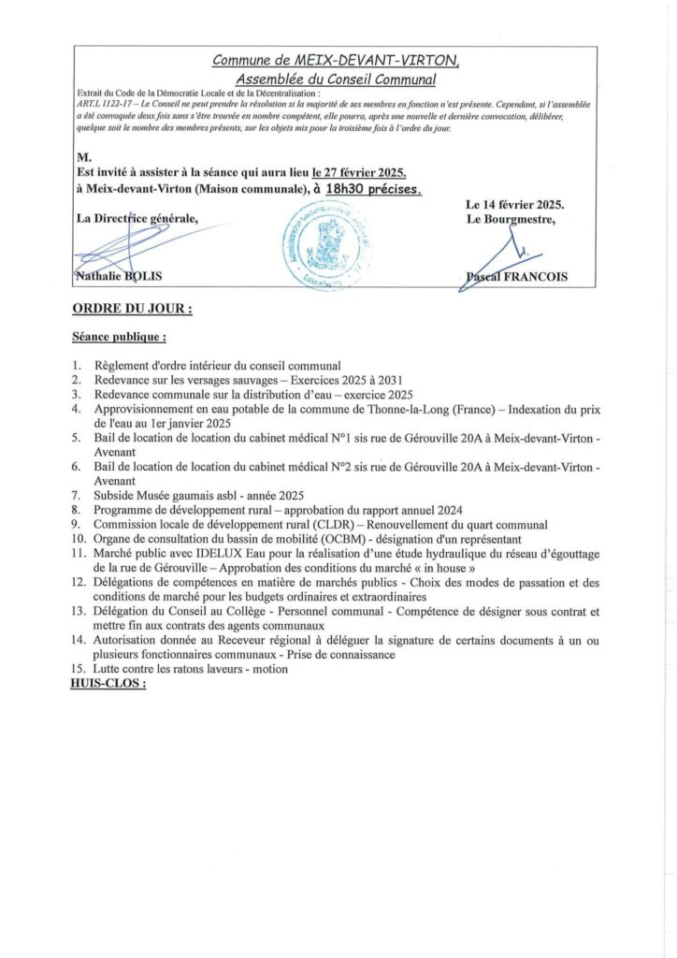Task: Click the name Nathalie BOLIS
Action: click(115, 276)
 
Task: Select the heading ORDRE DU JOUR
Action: click(132, 307)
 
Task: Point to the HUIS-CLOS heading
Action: click(108, 684)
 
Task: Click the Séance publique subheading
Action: click(119, 335)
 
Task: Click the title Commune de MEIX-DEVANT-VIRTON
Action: click(337, 61)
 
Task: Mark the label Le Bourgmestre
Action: click(509, 220)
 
